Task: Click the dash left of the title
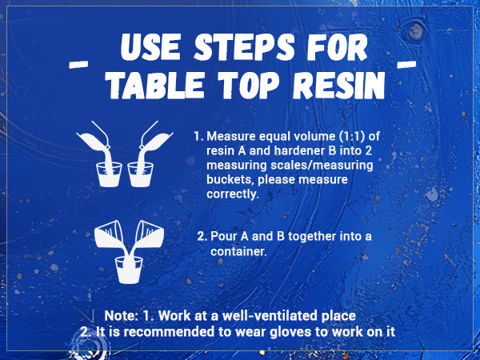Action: coord(78,65)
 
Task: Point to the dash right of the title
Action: coord(406,64)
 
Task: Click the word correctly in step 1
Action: coord(233,194)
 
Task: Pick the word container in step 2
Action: coord(238,252)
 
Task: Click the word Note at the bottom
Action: coord(122,316)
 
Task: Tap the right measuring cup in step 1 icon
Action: coord(141,174)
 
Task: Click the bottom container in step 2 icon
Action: coord(129,270)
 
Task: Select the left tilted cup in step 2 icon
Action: coord(108,234)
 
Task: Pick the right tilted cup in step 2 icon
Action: coord(150,234)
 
